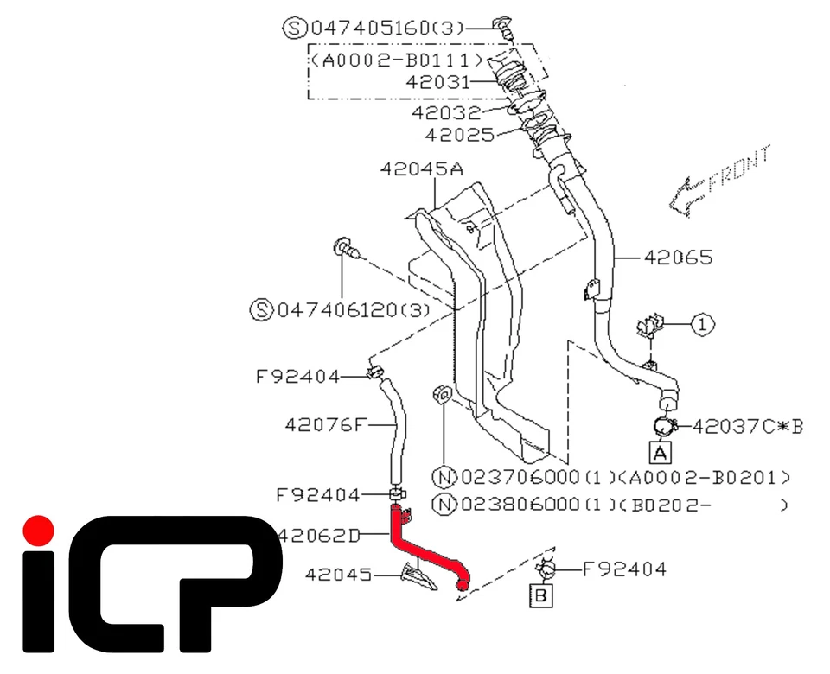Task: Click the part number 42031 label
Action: click(440, 82)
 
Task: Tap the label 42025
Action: click(459, 135)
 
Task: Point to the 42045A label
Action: click(421, 170)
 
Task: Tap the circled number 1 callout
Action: click(703, 325)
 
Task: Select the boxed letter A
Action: click(660, 452)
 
